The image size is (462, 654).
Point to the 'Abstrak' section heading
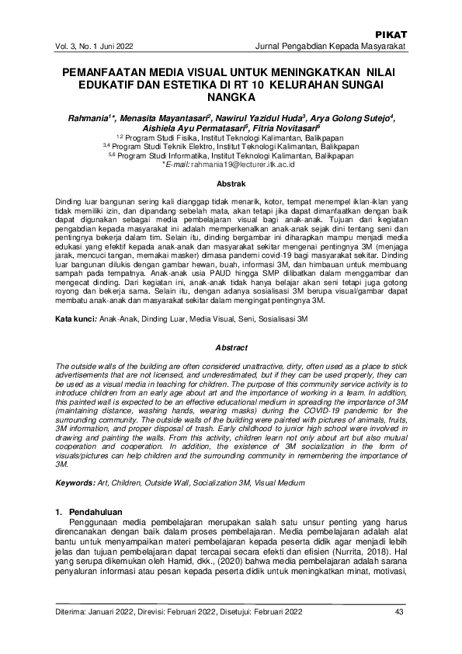pyautogui.click(x=231, y=184)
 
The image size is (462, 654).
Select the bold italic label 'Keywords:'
pyautogui.click(x=75, y=483)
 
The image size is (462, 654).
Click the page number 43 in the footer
pyautogui.click(x=400, y=613)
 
